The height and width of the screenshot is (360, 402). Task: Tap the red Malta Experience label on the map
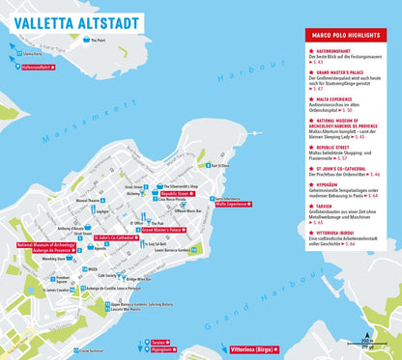[231, 205]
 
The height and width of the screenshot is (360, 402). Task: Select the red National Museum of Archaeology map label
[43, 249]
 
